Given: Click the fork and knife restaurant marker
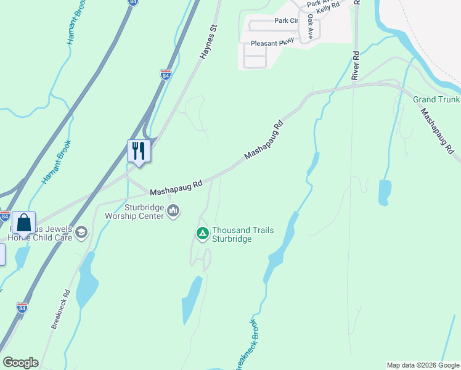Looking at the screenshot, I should coord(138,150).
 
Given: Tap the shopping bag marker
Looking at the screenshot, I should coord(23,223).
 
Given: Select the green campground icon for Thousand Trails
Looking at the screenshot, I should coord(202,234).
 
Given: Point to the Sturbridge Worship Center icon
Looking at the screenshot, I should coord(173,212).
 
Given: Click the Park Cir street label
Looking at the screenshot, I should coord(286,20).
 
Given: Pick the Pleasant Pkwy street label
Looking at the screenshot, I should coord(272,43).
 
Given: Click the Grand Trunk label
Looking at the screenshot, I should coord(436,99).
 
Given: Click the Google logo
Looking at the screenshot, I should coord(20,363).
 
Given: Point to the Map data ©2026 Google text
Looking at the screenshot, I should coord(422,365).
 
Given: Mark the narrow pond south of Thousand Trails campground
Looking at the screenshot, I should coord(192,300).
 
